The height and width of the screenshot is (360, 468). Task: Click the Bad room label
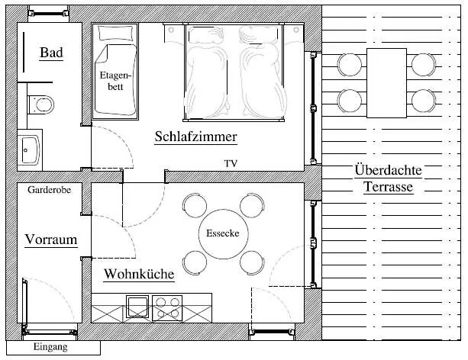51,53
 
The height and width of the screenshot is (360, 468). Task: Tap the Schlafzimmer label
195,137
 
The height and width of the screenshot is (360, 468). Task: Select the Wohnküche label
139,274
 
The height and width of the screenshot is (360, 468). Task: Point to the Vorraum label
51,239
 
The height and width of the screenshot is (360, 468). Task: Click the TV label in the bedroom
231,164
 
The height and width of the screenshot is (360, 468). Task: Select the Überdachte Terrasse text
383,178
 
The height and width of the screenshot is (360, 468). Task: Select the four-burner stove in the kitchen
167,307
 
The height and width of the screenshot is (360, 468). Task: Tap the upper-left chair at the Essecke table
193,205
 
